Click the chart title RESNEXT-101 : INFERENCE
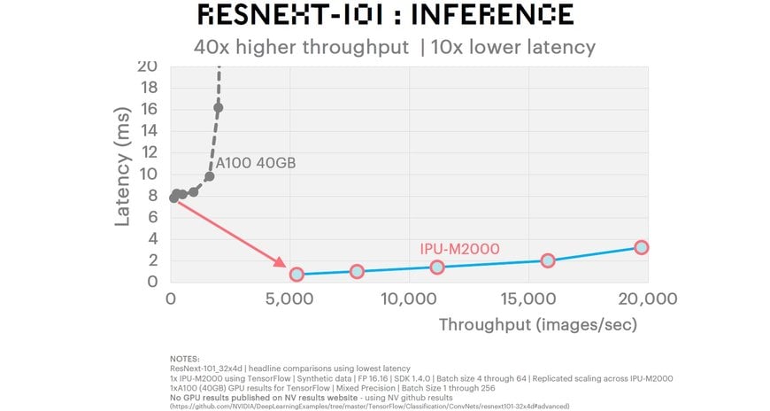point(384,15)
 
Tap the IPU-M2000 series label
point(459,248)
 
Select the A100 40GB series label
point(256,163)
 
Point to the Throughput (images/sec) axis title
point(538,324)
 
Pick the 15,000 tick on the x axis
point(527,299)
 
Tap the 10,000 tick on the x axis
point(409,299)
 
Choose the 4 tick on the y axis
point(153,238)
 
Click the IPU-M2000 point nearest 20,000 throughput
point(642,247)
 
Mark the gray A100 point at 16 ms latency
point(219,108)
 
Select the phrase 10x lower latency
point(513,47)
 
